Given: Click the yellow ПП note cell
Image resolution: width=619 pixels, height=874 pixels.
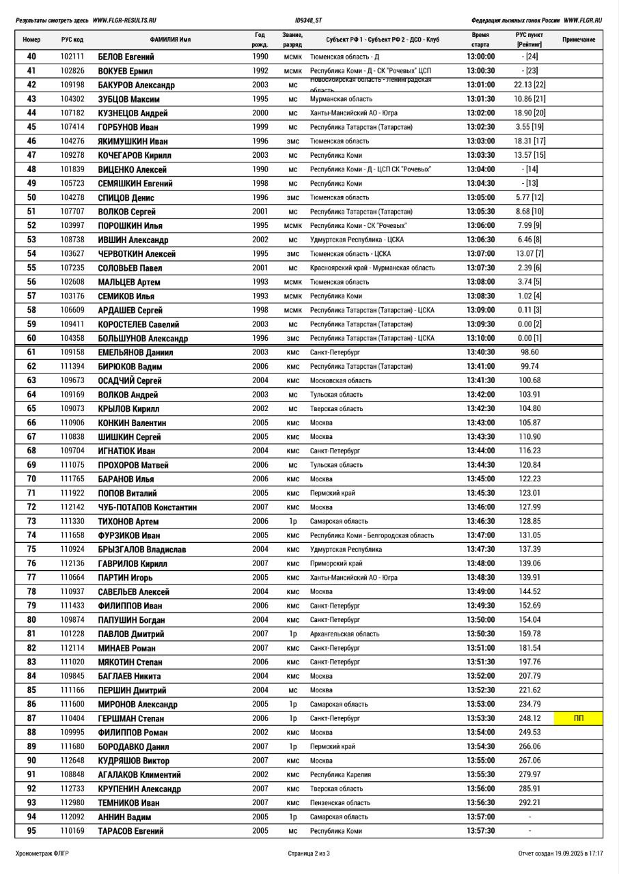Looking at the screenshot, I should point(579,718).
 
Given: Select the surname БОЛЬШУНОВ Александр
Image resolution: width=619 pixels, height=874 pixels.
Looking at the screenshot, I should point(143,339).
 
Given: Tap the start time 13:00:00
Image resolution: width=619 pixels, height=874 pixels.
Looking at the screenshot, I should point(480,57).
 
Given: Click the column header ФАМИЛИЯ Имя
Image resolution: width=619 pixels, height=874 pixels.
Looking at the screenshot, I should point(170,40).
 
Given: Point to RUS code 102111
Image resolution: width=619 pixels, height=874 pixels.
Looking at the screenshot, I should point(72,57).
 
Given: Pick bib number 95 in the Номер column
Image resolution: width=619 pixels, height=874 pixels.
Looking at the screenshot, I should point(31,831).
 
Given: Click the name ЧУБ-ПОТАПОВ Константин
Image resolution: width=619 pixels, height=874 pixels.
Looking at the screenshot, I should point(147,507).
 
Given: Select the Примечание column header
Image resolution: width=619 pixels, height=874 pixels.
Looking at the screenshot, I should point(578,40).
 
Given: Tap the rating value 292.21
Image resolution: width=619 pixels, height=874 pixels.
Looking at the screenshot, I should point(529,803).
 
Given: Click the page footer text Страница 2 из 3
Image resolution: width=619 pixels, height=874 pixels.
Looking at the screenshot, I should point(309,854).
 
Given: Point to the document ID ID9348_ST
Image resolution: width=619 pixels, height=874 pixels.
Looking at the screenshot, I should point(309,20).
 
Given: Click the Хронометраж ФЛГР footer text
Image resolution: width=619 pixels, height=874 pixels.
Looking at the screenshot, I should point(42,854).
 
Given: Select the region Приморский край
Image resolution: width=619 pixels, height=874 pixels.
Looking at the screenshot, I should point(336,564).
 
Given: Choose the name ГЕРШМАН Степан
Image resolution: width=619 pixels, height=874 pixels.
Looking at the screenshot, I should point(131,719).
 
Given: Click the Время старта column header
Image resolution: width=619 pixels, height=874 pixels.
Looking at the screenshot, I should point(480,40).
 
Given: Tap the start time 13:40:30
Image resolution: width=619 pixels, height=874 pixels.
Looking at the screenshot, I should point(480,352).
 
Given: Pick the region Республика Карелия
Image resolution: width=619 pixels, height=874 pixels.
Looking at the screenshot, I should point(340,775).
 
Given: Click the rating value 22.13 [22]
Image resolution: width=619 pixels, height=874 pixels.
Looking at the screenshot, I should point(529,85).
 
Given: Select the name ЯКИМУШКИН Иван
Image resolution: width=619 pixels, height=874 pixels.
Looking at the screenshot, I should point(133,141).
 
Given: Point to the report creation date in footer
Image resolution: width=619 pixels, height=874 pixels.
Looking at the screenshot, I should point(560,854).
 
